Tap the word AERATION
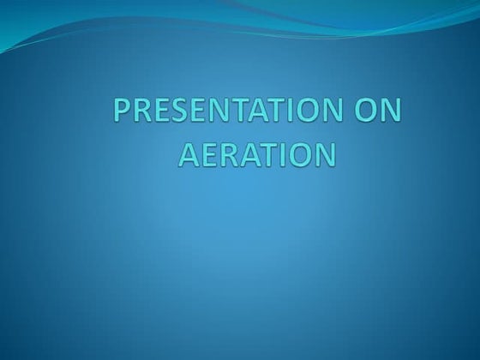[x=256, y=155]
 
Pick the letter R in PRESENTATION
[x=141, y=114]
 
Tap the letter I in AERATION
[x=281, y=155]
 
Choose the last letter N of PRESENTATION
[x=322, y=114]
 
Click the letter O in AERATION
[x=299, y=155]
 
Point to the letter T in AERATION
[x=265, y=155]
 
